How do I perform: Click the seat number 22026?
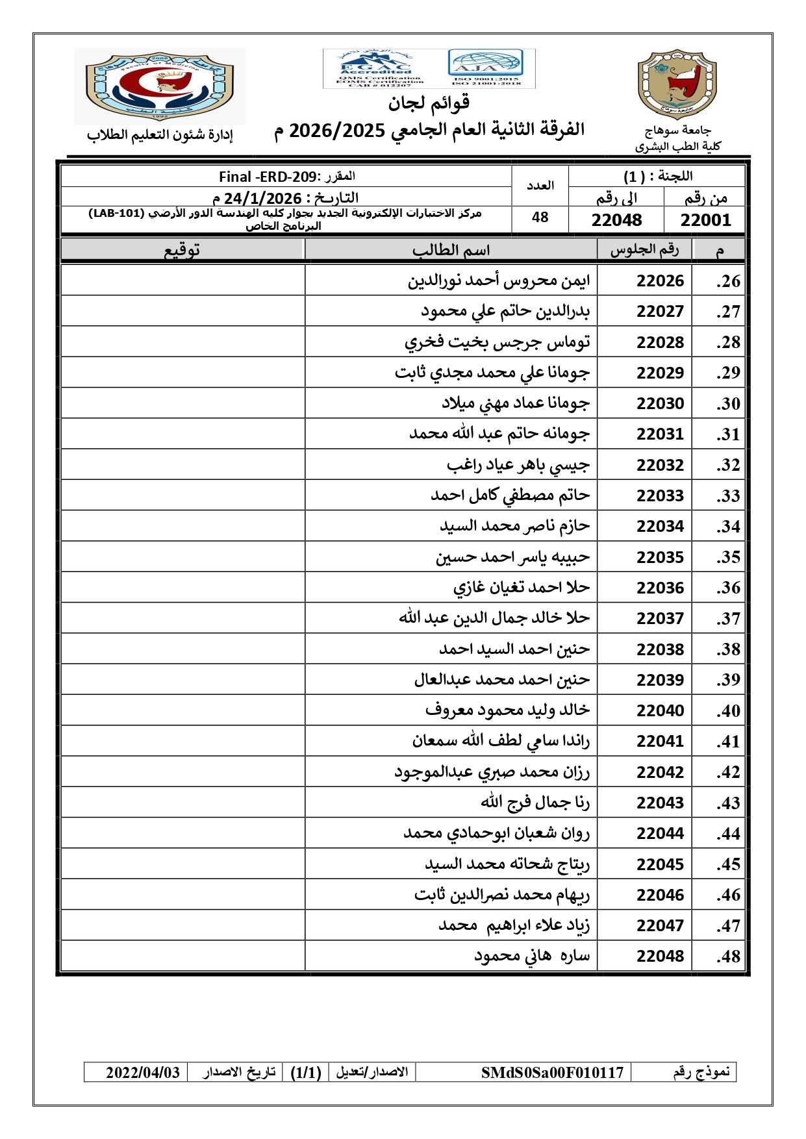pos(660,281)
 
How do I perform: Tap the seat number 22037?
pos(660,618)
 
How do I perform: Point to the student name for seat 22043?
pos(535,803)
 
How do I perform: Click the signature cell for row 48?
pos(183,956)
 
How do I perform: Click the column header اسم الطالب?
pos(451,250)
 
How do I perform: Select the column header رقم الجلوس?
pos(644,250)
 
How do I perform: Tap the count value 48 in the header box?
pos(540,218)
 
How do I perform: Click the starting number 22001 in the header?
pos(705,220)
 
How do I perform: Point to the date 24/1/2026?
pos(262,198)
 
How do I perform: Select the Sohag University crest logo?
pos(677,84)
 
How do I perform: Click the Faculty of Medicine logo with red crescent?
pos(160,86)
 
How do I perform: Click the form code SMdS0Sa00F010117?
pos(551,1072)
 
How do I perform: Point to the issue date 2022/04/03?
pos(143,1072)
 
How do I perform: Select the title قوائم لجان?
pos(429,103)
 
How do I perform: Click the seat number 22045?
pos(660,864)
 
